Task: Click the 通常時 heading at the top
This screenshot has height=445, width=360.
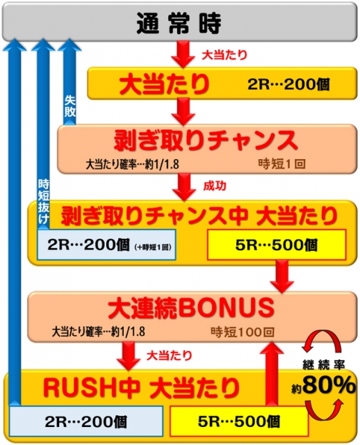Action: tap(179, 23)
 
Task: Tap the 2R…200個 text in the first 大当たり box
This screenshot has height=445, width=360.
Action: tap(288, 84)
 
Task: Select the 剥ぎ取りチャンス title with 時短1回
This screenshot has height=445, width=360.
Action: tap(206, 140)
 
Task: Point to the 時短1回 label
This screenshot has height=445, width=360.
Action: tap(281, 164)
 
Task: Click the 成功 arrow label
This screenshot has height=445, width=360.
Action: tap(215, 186)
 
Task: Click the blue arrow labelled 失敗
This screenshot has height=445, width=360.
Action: tap(69, 82)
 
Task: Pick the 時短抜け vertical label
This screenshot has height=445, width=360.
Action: tap(44, 202)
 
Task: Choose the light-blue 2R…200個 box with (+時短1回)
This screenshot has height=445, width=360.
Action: tap(106, 245)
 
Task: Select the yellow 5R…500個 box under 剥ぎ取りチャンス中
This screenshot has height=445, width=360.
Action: tap(277, 245)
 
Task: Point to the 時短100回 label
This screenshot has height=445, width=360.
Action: tap(243, 332)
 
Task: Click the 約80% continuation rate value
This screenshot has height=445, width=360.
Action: tap(323, 386)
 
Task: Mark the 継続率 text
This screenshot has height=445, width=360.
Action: tap(324, 365)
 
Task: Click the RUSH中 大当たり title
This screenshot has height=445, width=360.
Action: tap(141, 388)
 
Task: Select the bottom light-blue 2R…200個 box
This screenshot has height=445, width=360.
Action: tap(86, 421)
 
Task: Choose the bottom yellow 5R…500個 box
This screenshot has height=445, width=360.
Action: tap(239, 421)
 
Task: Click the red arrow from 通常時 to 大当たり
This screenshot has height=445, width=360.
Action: tap(183, 54)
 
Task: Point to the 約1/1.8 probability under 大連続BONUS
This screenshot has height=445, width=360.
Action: tap(128, 332)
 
